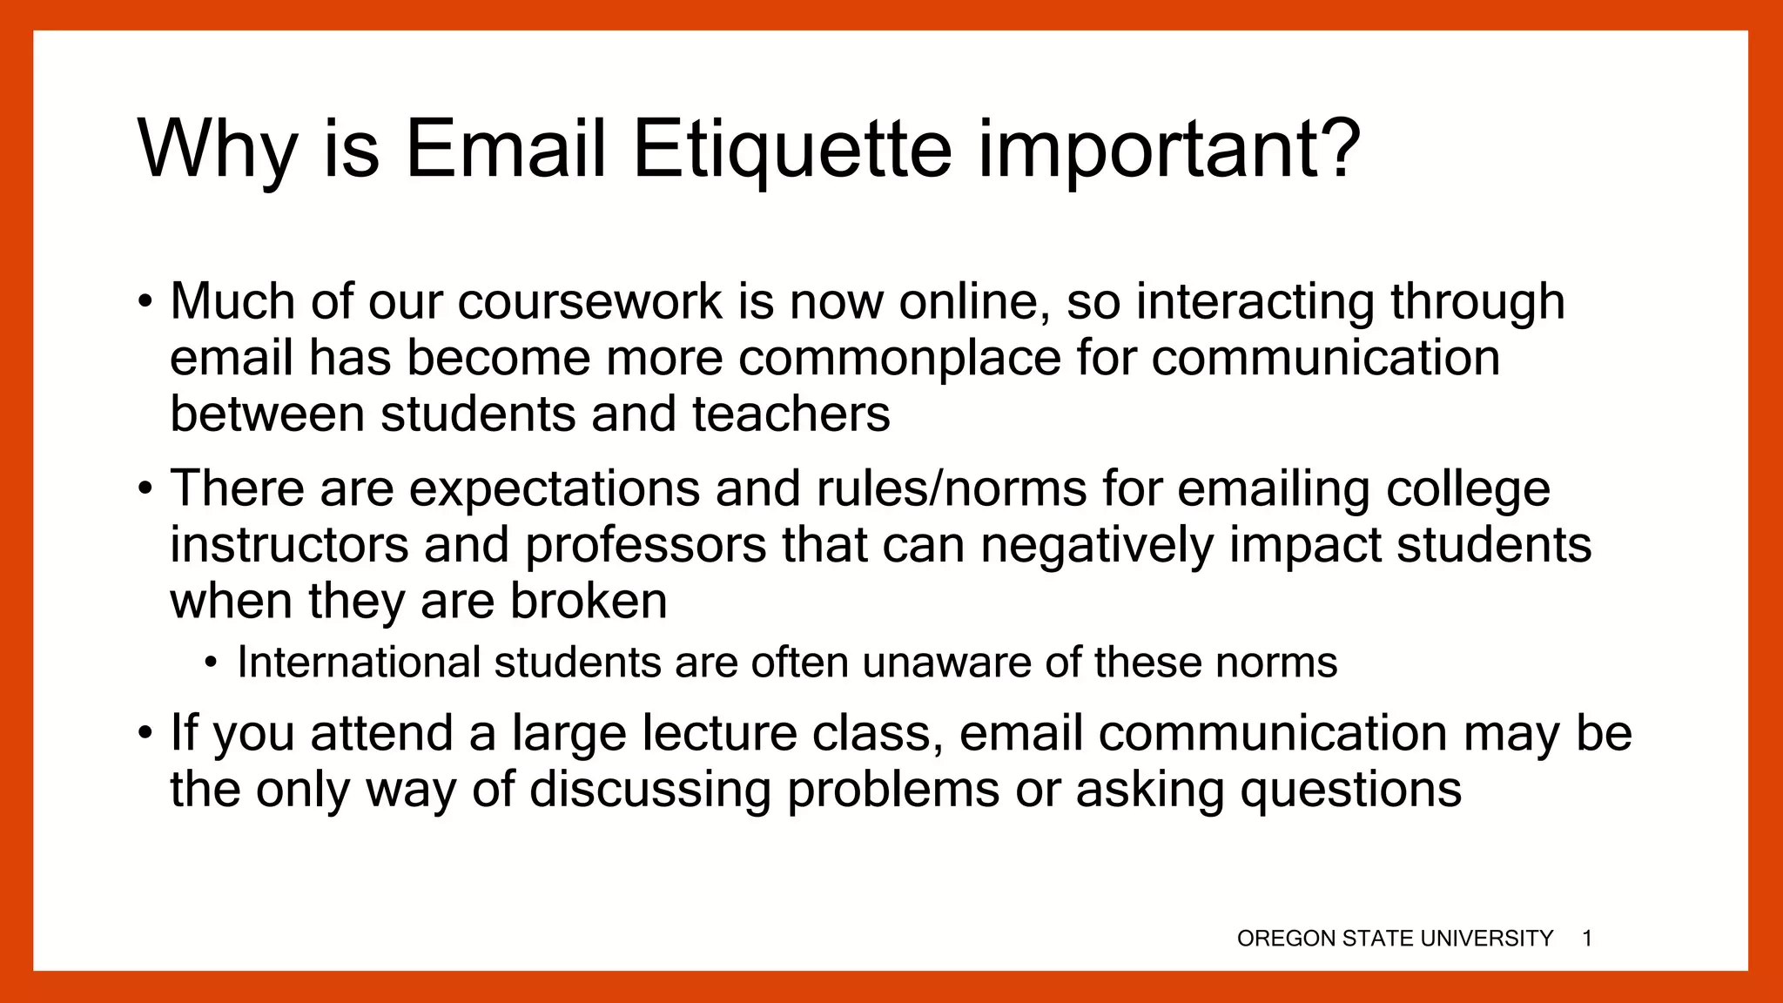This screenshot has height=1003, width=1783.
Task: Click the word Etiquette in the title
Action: coord(791,149)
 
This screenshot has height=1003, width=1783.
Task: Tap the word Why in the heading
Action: coord(218,149)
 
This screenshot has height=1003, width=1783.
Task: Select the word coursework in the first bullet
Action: coord(589,302)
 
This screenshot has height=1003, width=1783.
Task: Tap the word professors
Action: coord(645,545)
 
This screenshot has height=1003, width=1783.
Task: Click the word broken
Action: coord(589,601)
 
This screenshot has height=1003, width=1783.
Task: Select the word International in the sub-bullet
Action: coord(359,663)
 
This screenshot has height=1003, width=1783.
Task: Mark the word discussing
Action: coord(650,790)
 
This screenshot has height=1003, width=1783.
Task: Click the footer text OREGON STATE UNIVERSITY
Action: coord(1395,939)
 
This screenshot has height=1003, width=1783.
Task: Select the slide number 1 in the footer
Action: coord(1587,939)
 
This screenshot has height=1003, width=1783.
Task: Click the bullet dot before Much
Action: coord(145,304)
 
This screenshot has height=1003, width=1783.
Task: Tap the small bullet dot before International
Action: coord(212,664)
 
